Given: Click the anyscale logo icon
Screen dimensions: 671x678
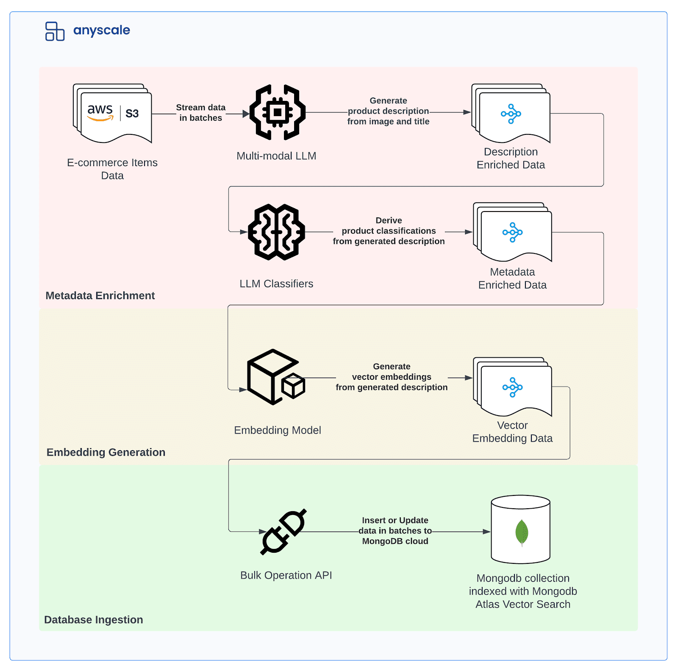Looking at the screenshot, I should tap(55, 31).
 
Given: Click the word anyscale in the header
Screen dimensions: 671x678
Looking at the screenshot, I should tap(102, 31).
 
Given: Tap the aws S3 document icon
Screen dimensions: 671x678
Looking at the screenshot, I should tap(113, 114).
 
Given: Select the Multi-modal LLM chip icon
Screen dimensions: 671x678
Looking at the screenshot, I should tap(277, 112).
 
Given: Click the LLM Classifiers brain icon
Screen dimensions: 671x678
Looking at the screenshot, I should tap(276, 232).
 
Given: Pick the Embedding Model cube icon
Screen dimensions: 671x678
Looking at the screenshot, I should tap(275, 377).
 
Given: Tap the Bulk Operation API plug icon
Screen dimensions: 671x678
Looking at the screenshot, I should tap(283, 532).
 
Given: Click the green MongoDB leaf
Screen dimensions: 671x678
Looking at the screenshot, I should tap(522, 532).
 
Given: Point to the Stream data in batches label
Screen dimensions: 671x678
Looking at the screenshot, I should tap(200, 113).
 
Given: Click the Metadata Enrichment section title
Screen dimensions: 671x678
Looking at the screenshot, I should tap(100, 295).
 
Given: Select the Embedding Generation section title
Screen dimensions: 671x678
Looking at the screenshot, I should tap(106, 452).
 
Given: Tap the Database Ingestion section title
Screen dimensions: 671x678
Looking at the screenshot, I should tap(94, 620).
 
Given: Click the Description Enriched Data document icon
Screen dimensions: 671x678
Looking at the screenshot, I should tap(511, 114).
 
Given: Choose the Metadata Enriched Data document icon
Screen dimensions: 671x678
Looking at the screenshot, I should tap(513, 232).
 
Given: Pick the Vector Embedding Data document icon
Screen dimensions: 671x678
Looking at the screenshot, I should tap(513, 387).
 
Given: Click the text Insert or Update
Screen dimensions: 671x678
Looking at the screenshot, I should tap(395, 520).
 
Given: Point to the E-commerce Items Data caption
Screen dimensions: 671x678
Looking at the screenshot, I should tap(112, 169).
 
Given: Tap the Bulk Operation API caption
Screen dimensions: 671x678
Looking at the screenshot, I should tap(286, 575).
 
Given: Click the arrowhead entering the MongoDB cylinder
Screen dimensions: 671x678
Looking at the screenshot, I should tap(487, 532).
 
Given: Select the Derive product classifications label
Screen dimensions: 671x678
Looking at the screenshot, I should tap(389, 231).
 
